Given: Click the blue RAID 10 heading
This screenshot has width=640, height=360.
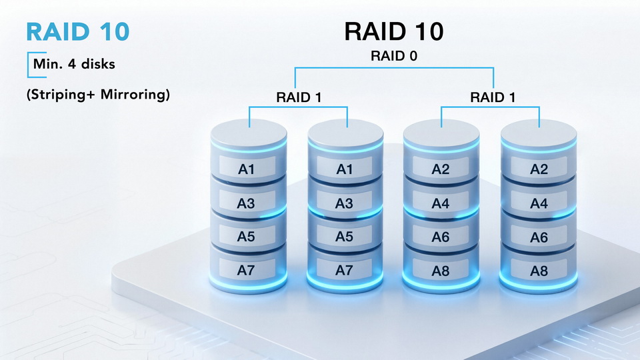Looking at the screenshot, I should click(x=77, y=32).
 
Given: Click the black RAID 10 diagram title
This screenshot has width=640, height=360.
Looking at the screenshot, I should click(x=393, y=31).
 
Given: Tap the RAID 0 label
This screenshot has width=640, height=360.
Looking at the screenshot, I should click(x=393, y=56).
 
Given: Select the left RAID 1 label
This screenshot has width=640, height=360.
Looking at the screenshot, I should click(x=299, y=97).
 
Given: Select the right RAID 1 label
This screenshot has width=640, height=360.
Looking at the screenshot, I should click(x=492, y=97).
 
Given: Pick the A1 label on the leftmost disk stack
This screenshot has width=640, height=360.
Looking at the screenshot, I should click(x=247, y=169).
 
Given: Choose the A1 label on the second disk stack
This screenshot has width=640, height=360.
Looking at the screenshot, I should click(x=344, y=169).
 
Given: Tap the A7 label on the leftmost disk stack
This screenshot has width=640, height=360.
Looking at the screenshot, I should click(x=247, y=270).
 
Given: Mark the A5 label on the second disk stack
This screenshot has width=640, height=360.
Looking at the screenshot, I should click(x=344, y=236).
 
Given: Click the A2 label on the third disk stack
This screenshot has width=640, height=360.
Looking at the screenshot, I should click(x=441, y=169).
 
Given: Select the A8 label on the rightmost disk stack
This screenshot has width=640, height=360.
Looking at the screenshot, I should click(x=539, y=271).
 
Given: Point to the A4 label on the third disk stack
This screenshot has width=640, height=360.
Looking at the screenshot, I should click(x=441, y=203).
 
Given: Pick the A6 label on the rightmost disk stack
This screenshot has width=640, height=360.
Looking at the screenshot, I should click(x=539, y=237).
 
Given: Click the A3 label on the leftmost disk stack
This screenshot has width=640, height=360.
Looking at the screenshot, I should click(x=247, y=203).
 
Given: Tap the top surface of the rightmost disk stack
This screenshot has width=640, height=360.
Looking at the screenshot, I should click(x=539, y=133).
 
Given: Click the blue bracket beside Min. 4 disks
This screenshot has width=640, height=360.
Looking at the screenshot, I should click(x=28, y=65).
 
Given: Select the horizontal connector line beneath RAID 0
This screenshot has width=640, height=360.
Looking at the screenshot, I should click(x=393, y=67).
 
